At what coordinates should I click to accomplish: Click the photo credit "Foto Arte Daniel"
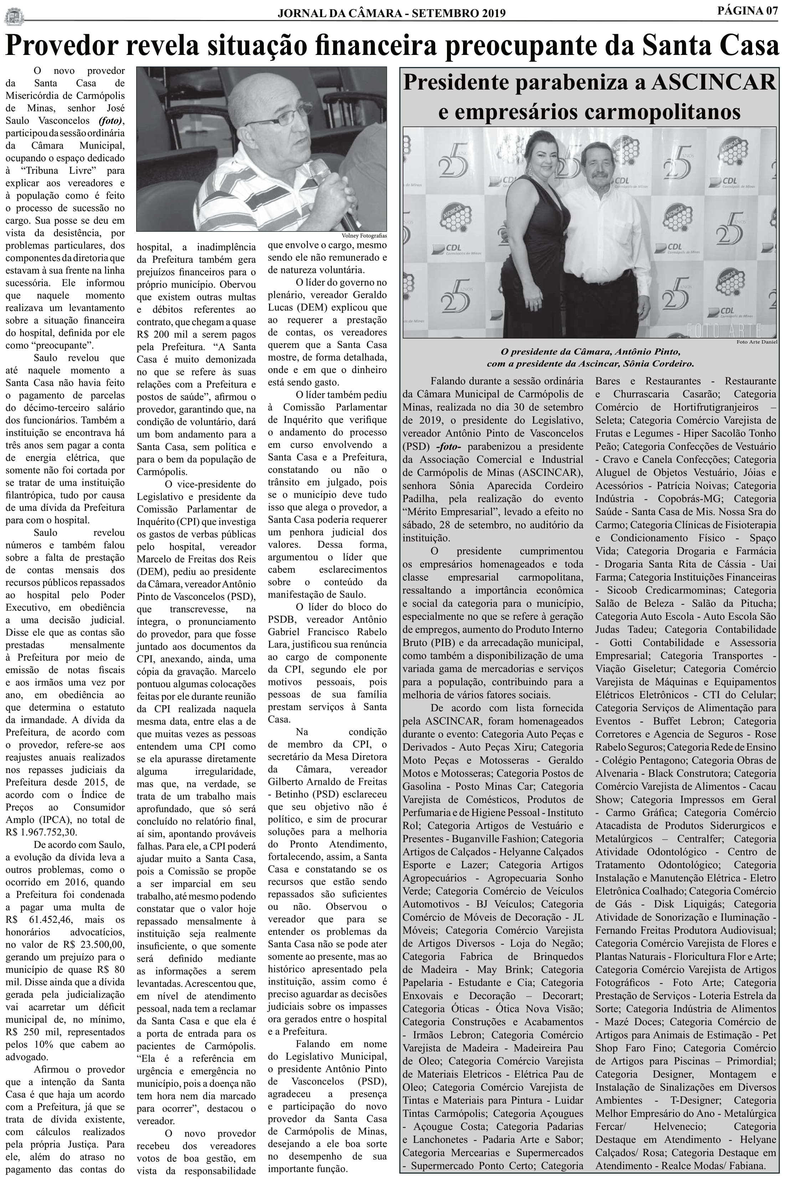[756, 342]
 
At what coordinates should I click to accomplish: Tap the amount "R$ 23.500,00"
[95, 944]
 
